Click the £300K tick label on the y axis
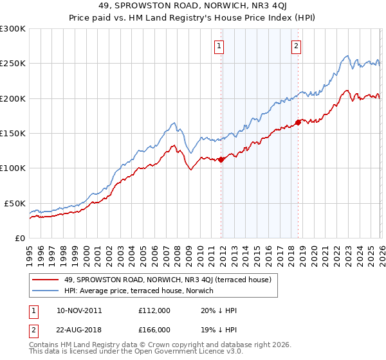(x=13, y=29)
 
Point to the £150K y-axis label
(x=13, y=134)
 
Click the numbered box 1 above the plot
(x=220, y=46)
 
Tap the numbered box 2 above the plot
(x=297, y=46)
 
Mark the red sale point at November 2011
(x=221, y=159)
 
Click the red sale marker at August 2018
(x=298, y=122)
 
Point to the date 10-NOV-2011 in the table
(x=79, y=310)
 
